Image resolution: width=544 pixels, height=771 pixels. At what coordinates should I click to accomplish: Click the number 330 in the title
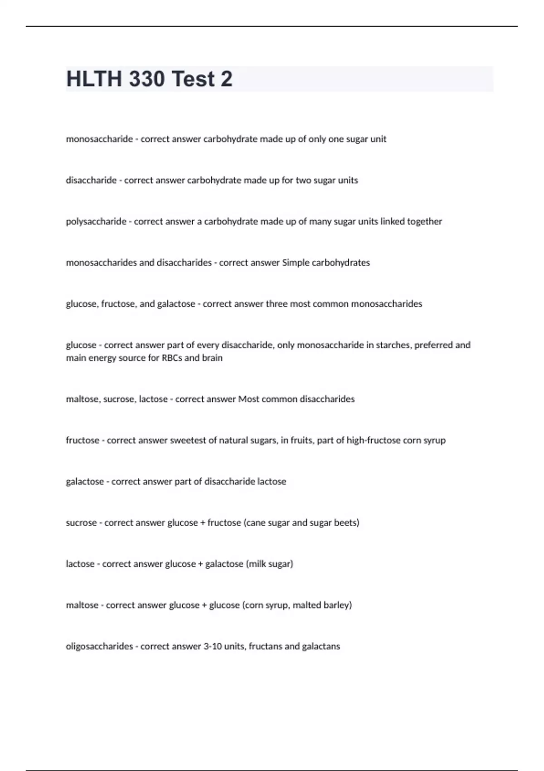click(147, 79)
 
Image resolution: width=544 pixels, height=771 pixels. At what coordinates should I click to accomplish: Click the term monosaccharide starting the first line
click(99, 139)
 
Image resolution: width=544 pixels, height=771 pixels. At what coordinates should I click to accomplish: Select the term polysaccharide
click(96, 222)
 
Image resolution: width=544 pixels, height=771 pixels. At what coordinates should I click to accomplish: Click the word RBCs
click(172, 358)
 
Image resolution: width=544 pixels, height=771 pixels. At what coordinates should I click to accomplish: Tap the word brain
click(212, 358)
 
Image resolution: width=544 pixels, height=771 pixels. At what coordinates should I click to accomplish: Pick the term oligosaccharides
click(99, 646)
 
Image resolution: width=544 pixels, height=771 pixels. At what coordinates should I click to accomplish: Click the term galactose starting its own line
click(85, 482)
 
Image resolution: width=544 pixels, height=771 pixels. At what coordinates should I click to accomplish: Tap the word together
click(425, 222)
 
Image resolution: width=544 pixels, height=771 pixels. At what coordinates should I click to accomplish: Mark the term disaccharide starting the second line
click(91, 181)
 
